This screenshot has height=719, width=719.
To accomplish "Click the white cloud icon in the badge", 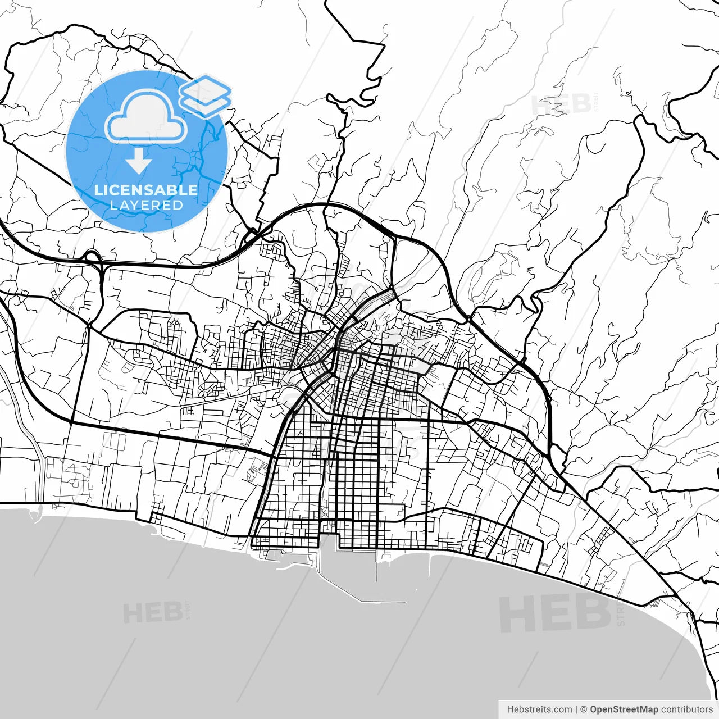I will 146,116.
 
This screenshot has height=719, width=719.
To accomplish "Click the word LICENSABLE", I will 146,190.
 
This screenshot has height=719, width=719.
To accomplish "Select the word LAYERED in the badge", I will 146,206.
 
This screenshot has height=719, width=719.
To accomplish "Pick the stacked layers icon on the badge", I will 206,95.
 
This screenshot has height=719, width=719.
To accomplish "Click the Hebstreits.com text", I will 539,709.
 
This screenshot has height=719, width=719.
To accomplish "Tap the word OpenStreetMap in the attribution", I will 624,709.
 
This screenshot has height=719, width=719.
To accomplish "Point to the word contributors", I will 686,709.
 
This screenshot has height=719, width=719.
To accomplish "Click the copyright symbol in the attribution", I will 584,709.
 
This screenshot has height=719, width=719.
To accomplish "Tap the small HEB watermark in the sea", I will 152,613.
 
